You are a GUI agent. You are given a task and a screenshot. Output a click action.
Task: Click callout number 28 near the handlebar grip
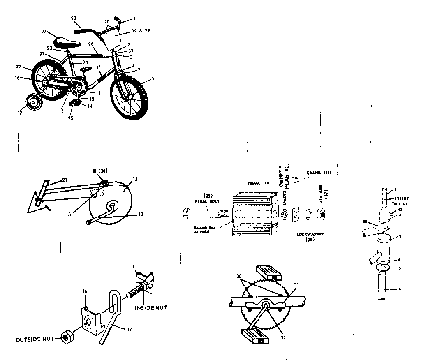74,19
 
